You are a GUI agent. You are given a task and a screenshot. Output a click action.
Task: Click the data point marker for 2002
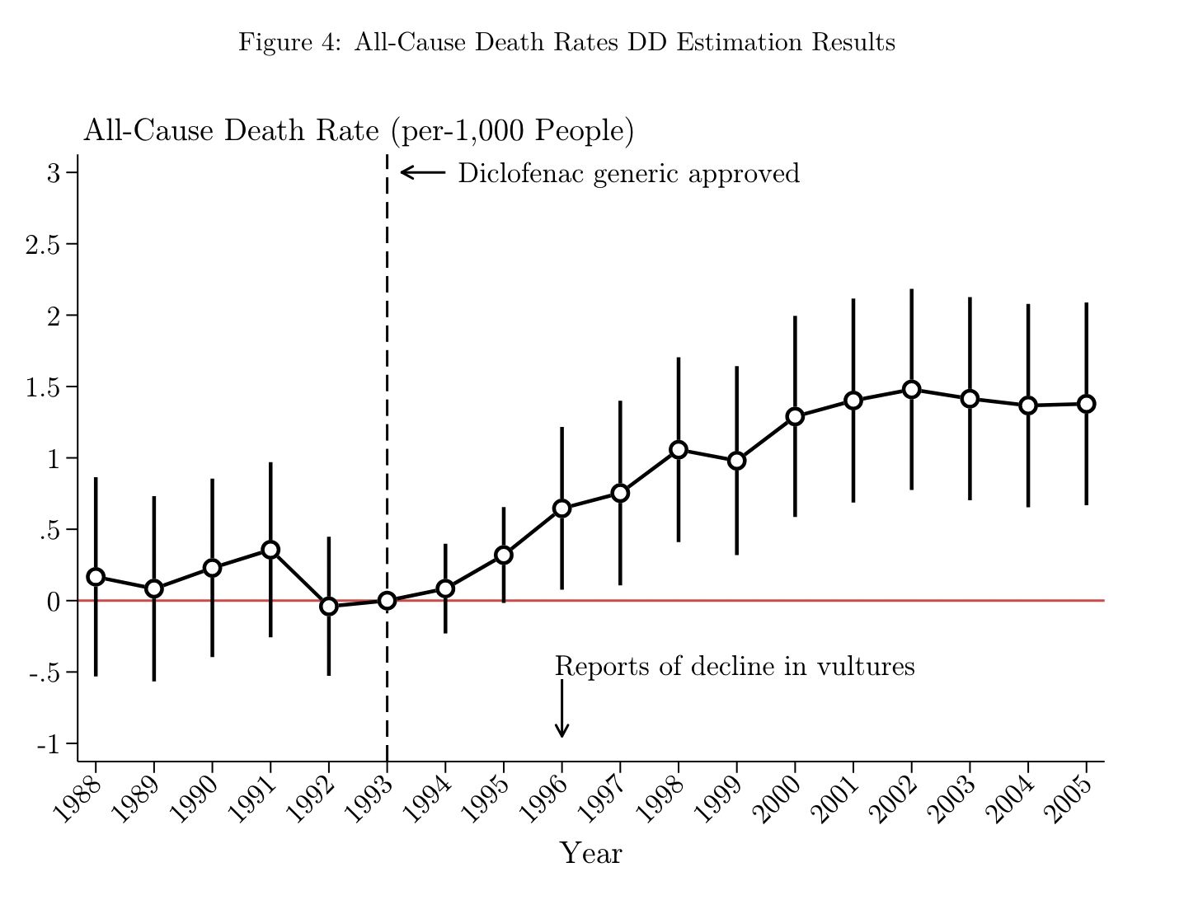(x=911, y=390)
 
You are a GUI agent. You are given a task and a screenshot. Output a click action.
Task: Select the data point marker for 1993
(x=387, y=601)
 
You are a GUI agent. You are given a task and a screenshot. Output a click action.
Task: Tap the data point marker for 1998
(x=679, y=449)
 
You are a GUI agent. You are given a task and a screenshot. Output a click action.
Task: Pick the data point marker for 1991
(x=270, y=550)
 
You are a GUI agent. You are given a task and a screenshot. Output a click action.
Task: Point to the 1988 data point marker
(x=96, y=576)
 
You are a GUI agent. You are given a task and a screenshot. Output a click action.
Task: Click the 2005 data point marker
(x=1086, y=404)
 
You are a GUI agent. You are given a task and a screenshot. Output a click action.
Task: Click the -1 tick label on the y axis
(x=49, y=744)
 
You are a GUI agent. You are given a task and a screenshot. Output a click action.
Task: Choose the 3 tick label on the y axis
(x=54, y=173)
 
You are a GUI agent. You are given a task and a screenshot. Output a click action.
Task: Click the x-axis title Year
(x=590, y=854)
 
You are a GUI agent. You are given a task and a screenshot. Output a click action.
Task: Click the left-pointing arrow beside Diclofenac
(x=422, y=172)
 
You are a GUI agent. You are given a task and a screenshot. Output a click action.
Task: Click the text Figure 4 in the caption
(x=285, y=43)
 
